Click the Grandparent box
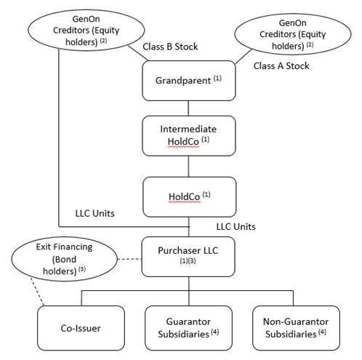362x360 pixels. pos(189,81)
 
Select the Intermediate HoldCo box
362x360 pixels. pos(189,136)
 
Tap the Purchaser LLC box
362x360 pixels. pos(188,257)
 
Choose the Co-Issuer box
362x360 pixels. pos(81,328)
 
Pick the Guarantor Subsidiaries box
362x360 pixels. pos(188,328)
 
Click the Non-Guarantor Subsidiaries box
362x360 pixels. pos(296,328)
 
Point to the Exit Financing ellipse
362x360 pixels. pos(65,259)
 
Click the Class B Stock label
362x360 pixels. pos(170,47)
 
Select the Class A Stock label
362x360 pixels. pos(281,65)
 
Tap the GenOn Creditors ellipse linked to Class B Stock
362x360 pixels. pos(87,30)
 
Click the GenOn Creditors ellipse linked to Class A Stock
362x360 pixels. pos(293,34)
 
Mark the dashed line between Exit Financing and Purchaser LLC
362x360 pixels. pos(129,259)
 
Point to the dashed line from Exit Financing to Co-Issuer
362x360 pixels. pos(37,292)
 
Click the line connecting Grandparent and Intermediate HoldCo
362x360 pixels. pos(188,108)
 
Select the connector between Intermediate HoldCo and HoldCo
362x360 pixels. pos(188,167)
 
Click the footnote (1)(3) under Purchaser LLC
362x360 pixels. pos(188,261)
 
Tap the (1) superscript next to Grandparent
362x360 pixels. pos(217,78)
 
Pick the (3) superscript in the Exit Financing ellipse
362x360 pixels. pos(82,269)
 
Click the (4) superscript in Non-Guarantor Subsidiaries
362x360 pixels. pos(322,332)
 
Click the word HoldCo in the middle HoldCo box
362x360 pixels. pos(184,196)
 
